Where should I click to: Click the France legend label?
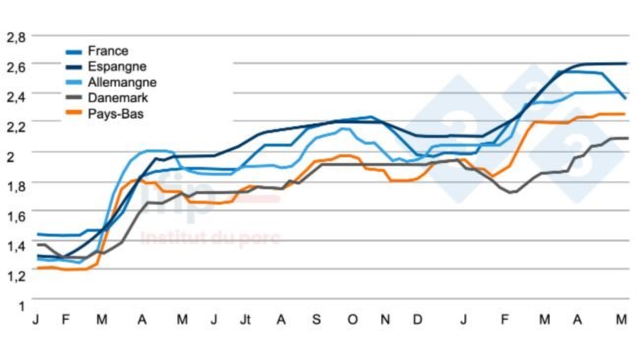click(x=108, y=51)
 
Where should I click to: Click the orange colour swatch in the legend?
click(x=74, y=114)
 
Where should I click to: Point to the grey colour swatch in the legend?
click(x=74, y=98)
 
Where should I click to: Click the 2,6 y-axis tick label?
click(x=16, y=66)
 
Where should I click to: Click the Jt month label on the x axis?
click(x=245, y=321)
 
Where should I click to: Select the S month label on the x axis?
click(x=317, y=321)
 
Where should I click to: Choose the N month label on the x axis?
click(x=385, y=321)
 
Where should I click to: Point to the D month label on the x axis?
click(x=418, y=321)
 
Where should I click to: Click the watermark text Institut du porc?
click(x=209, y=238)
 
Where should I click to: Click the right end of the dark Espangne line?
click(x=626, y=64)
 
